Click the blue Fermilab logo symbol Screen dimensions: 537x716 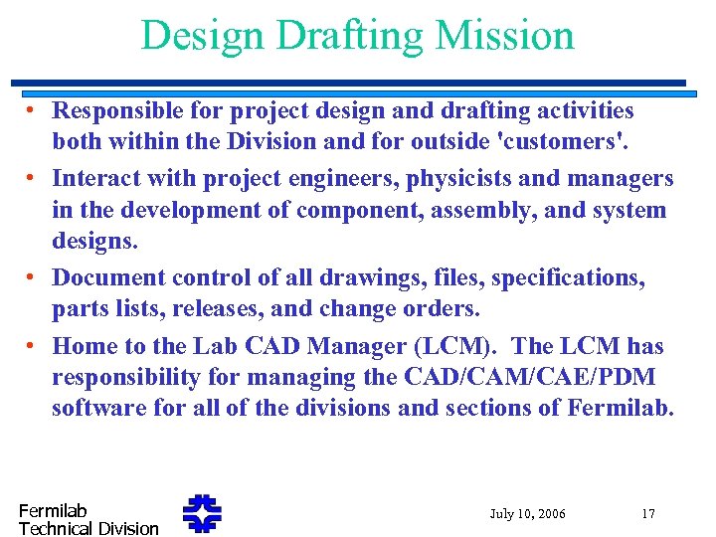click(202, 514)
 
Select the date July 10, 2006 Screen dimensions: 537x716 click(527, 514)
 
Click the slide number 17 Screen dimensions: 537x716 click(647, 514)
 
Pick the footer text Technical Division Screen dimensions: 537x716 click(89, 528)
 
